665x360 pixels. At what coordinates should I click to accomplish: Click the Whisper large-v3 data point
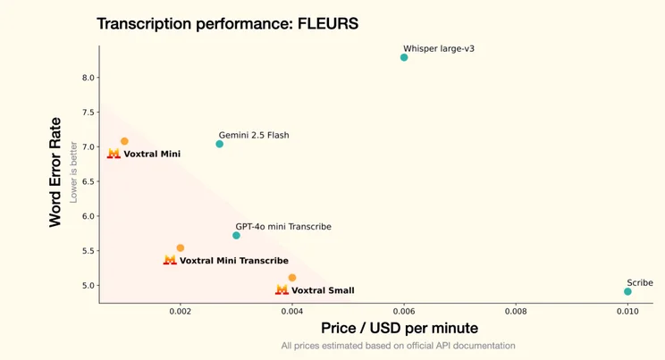click(x=404, y=57)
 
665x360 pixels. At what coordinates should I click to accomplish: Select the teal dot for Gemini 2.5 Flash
click(x=219, y=144)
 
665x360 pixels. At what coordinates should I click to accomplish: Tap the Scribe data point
click(x=627, y=291)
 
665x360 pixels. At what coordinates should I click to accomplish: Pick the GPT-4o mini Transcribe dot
click(x=236, y=235)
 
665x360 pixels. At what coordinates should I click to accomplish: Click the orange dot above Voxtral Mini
click(x=124, y=141)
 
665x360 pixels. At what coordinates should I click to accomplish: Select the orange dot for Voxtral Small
click(x=292, y=278)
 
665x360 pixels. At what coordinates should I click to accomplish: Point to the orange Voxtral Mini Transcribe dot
click(x=181, y=247)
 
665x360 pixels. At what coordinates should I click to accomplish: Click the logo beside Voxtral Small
click(x=282, y=289)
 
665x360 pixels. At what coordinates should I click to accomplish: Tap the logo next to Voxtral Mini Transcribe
click(x=170, y=260)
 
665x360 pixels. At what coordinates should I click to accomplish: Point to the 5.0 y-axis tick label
click(x=88, y=285)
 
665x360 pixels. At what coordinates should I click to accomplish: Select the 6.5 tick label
click(x=88, y=181)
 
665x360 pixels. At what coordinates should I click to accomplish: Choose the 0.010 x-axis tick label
click(x=627, y=312)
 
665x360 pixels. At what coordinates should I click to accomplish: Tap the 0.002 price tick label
click(x=181, y=312)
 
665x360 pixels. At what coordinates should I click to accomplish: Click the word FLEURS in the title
click(x=328, y=23)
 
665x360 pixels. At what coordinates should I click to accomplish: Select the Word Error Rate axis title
click(x=55, y=172)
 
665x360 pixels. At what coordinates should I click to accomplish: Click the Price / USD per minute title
click(x=400, y=328)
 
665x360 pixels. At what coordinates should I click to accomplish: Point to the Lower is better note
click(x=73, y=172)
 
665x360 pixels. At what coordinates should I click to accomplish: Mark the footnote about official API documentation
click(x=399, y=346)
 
